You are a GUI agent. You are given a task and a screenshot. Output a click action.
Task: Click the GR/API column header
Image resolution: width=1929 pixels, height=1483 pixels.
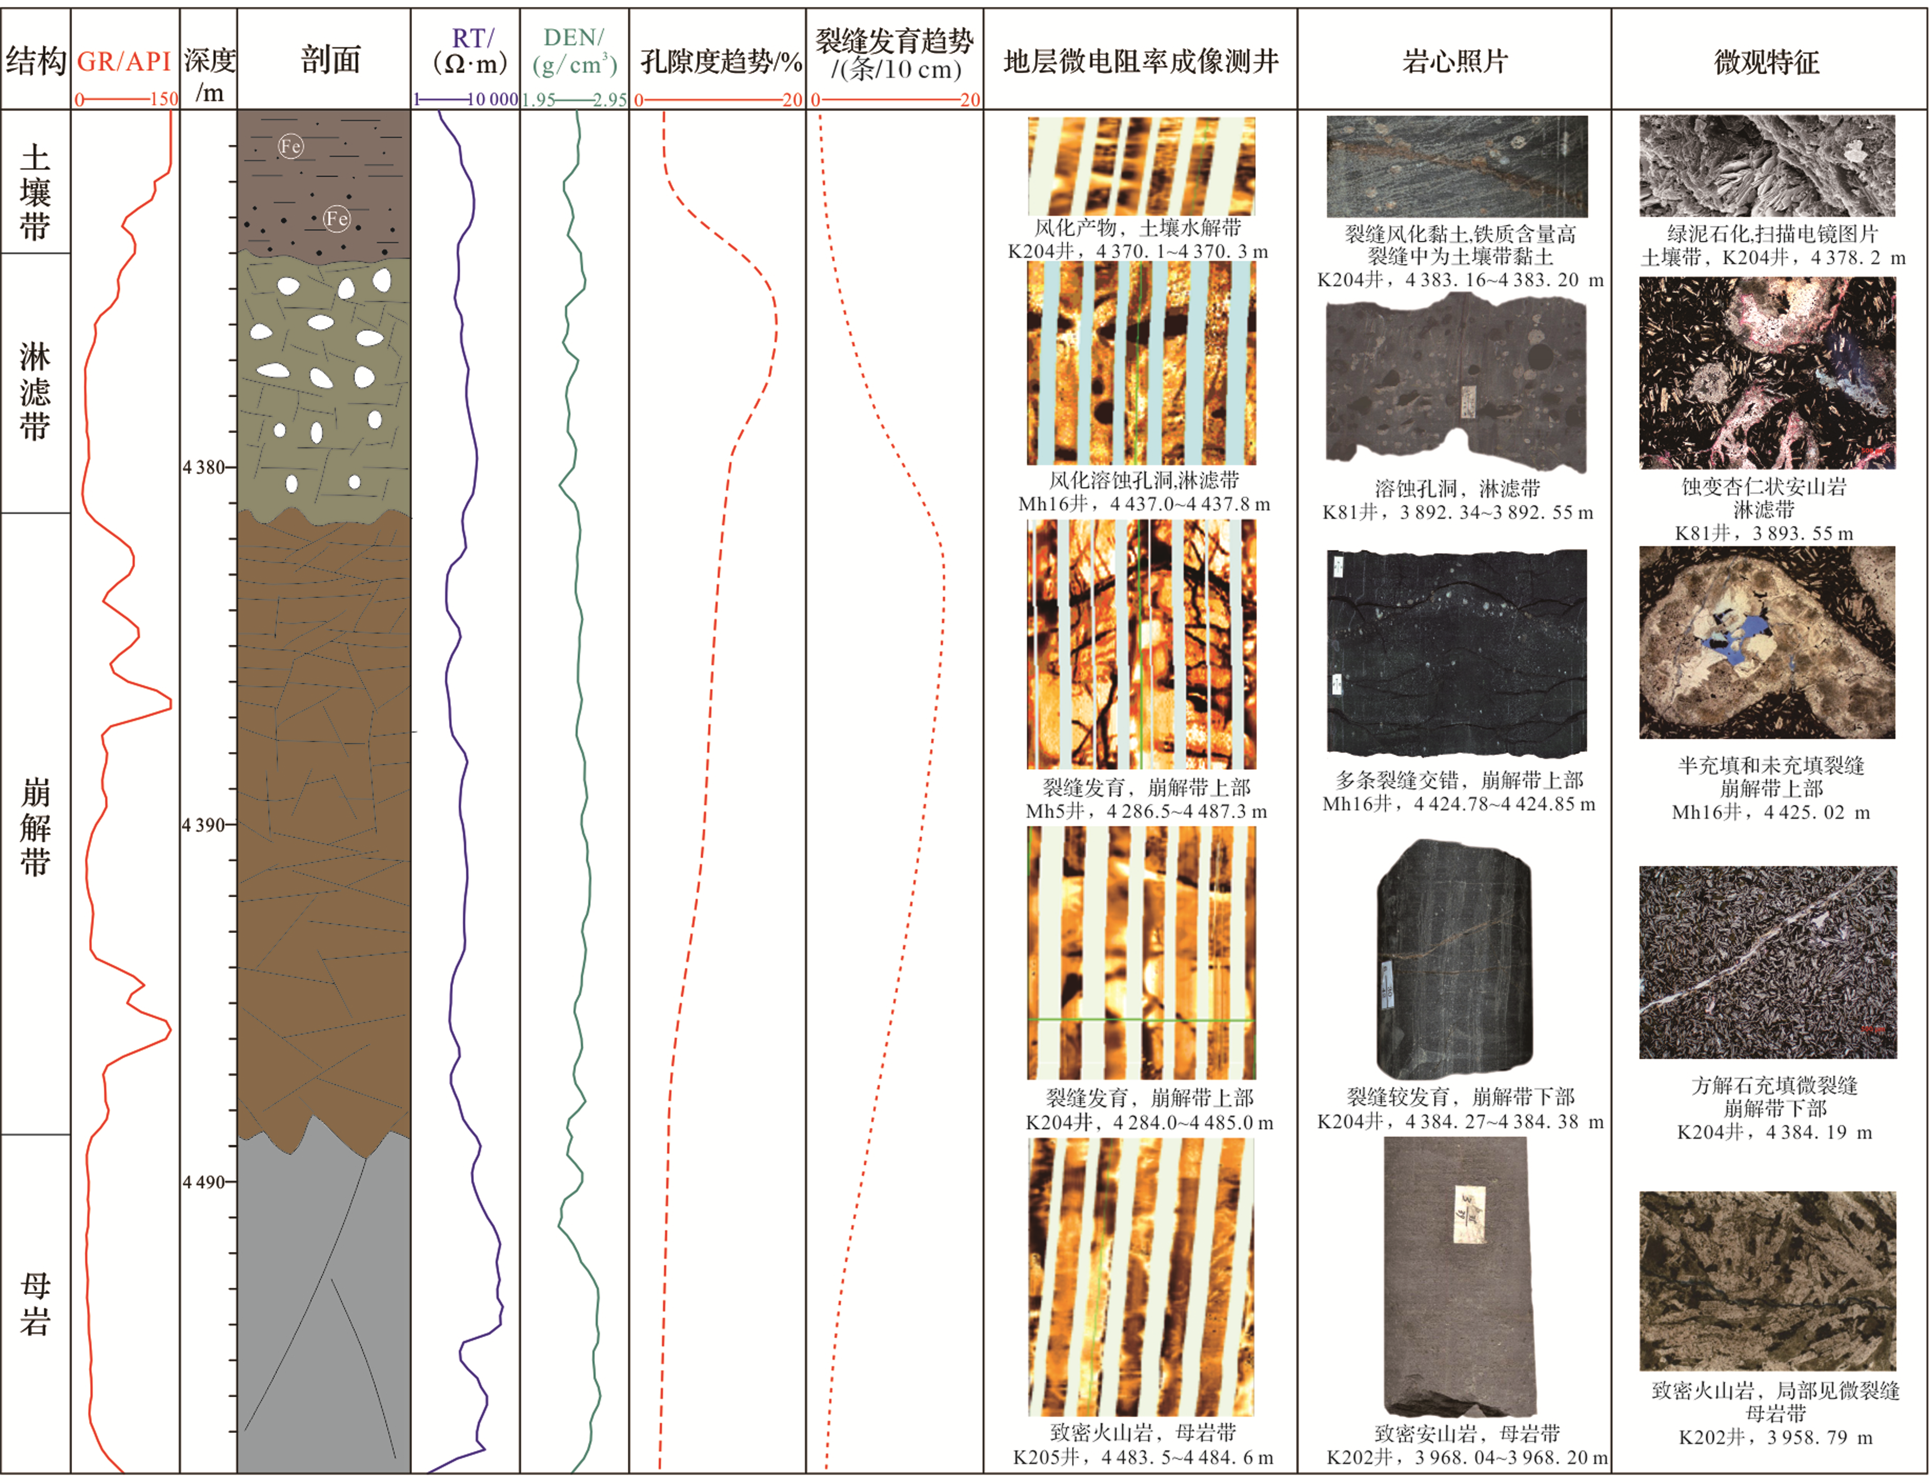pos(124,61)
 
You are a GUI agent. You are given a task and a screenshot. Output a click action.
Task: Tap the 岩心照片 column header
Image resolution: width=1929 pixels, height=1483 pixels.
pos(1454,61)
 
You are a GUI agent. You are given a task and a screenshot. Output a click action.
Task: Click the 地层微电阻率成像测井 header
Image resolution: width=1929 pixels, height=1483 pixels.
pos(1140,61)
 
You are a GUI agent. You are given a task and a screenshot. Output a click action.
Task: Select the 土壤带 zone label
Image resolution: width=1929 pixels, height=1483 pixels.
pos(35,193)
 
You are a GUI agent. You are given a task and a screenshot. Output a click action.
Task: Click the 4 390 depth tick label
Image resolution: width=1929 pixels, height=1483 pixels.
pos(204,825)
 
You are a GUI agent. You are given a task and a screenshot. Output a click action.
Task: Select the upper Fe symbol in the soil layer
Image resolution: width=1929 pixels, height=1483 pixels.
pos(290,146)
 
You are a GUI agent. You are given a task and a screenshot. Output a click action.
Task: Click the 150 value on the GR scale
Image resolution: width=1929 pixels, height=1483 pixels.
pos(164,99)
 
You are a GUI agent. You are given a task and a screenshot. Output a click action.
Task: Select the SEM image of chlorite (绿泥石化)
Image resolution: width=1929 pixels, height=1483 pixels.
pos(1766,166)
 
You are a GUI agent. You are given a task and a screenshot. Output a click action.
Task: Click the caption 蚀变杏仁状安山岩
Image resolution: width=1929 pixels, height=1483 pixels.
pos(1763,486)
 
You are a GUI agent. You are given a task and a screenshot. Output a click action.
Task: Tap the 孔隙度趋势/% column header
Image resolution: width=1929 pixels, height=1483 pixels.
pos(720,62)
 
